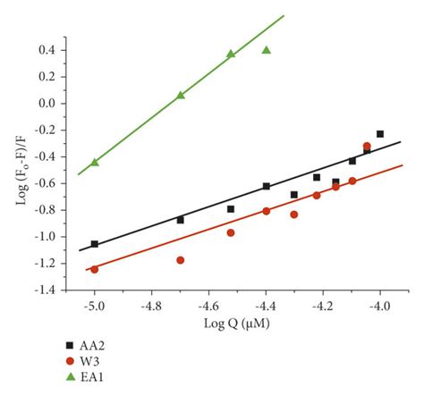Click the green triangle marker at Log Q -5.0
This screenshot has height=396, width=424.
(94, 162)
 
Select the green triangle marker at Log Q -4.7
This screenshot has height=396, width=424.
(181, 94)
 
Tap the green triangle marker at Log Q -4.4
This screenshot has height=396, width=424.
(267, 50)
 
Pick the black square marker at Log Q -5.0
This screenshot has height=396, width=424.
(94, 244)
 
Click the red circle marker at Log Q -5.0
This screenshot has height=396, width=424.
(94, 269)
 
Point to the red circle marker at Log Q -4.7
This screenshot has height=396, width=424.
(181, 260)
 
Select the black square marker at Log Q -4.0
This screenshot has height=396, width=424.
(380, 134)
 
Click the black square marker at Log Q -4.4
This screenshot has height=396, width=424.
(267, 186)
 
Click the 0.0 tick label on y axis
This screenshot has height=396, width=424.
(48, 104)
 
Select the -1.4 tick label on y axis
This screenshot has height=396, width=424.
(46, 291)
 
